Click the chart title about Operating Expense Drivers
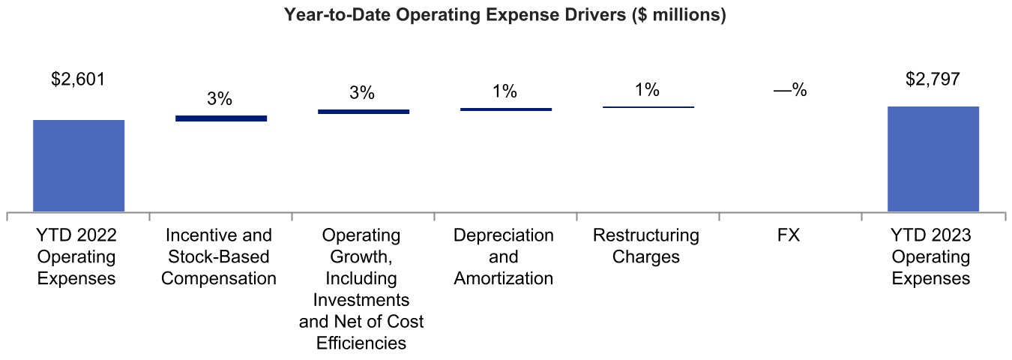505,16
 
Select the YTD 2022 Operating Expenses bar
79,166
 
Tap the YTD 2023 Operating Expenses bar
933,159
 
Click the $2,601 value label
79,79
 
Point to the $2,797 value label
933,79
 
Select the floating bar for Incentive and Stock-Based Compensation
221,118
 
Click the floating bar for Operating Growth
364,112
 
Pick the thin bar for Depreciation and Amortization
506,109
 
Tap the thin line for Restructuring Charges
648,107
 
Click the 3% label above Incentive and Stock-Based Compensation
220,98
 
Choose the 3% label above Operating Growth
362,93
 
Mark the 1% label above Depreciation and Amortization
505,91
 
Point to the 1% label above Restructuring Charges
647,90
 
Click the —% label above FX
789,91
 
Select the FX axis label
789,235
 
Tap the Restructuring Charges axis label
646,246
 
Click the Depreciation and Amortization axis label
504,256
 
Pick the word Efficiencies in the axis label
361,343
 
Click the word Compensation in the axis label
220,278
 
